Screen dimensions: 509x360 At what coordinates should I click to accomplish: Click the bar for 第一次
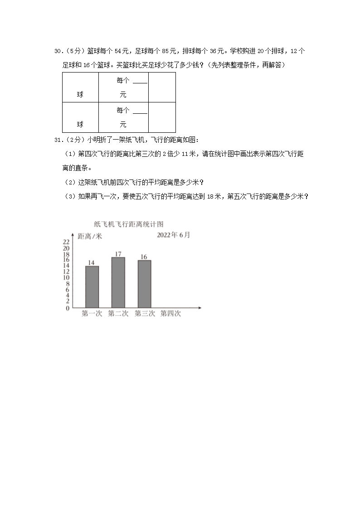(x=92, y=287)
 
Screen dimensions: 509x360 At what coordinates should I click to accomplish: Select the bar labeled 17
(x=118, y=283)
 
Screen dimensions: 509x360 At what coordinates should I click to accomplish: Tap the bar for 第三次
(x=144, y=284)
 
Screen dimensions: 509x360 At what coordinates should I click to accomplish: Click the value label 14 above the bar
(x=91, y=263)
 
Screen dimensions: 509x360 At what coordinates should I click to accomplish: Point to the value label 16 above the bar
(x=144, y=257)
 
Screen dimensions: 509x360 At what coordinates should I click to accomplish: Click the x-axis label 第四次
(x=170, y=314)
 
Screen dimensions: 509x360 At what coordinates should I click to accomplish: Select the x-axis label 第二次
(x=118, y=314)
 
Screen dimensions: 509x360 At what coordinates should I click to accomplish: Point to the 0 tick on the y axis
(x=68, y=308)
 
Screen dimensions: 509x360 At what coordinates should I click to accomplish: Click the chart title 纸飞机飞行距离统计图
(x=128, y=224)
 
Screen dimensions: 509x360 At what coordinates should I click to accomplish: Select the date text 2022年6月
(x=174, y=235)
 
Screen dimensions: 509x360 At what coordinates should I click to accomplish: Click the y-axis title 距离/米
(x=90, y=236)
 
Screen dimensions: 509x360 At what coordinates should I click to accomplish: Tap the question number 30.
(x=58, y=51)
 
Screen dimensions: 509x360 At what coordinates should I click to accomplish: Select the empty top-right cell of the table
(x=162, y=87)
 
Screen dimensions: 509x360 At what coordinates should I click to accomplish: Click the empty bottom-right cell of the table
(x=162, y=117)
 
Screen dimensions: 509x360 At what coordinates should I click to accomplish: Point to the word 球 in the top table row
(x=80, y=95)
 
